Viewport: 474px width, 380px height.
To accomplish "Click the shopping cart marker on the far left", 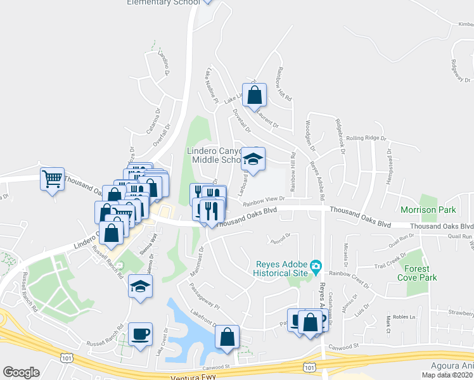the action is click(x=52, y=178).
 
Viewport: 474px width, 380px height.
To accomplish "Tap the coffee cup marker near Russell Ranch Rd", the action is click(x=140, y=332).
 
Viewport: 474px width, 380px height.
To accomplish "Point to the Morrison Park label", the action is click(x=428, y=210).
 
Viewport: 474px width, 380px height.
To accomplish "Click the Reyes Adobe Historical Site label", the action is click(x=282, y=269).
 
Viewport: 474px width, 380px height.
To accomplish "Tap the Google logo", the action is click(x=21, y=372).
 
